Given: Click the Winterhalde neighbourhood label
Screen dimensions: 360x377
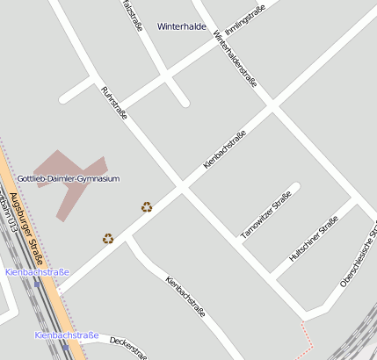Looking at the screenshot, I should coord(181,26).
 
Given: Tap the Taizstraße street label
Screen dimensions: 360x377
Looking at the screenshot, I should coord(131,14).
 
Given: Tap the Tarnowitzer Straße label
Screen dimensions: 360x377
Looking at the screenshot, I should coord(265,215).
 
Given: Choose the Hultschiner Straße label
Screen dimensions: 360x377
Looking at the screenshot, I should coord(314,239).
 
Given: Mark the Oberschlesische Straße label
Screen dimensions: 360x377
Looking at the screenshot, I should coord(358,258).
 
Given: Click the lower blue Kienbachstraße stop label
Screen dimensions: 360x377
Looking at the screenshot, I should coord(66,335).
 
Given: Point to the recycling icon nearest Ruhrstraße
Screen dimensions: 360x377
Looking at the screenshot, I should coord(147,207).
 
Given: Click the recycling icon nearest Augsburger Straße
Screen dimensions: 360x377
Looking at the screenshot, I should coord(108,238).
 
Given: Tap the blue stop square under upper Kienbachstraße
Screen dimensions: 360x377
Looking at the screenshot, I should coord(37,282).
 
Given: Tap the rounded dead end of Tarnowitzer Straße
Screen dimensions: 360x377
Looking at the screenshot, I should coord(295,187).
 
